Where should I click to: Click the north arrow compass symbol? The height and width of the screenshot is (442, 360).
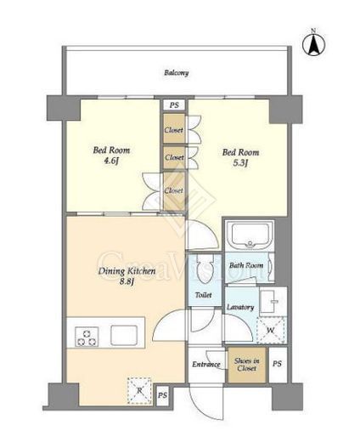[314, 44]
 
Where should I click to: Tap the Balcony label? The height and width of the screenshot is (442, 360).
[177, 73]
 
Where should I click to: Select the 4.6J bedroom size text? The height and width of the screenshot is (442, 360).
[111, 161]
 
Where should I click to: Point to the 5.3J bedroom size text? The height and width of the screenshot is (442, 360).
[240, 163]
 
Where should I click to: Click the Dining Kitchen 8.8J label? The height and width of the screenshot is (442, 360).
[127, 275]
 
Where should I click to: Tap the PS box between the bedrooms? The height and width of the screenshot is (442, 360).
[174, 105]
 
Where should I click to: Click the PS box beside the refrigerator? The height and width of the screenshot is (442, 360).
[162, 395]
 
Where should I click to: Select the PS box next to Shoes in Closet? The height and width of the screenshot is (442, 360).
[277, 364]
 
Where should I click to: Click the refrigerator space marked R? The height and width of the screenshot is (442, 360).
[139, 390]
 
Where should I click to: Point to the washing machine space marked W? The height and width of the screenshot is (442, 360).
[271, 330]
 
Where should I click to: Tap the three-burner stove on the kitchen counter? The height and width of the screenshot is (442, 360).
[87, 337]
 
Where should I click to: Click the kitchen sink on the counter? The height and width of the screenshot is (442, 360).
[124, 335]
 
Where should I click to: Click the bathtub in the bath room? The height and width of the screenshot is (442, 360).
[250, 235]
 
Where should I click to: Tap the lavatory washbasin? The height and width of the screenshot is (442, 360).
[272, 302]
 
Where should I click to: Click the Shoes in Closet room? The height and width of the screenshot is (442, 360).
[247, 365]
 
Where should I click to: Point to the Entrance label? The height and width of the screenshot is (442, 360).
[206, 365]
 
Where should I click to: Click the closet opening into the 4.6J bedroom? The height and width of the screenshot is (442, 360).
[174, 190]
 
